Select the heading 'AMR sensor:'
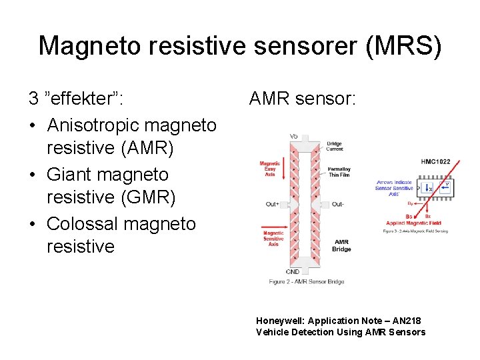point(303,99)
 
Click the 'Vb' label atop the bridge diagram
point(294,136)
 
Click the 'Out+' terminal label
point(272,204)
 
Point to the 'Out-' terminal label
point(337,204)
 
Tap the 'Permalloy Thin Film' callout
point(339,172)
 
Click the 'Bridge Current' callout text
point(335,147)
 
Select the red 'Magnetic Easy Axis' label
point(270,169)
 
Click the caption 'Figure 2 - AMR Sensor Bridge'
point(307,282)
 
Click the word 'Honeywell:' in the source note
point(277,321)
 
